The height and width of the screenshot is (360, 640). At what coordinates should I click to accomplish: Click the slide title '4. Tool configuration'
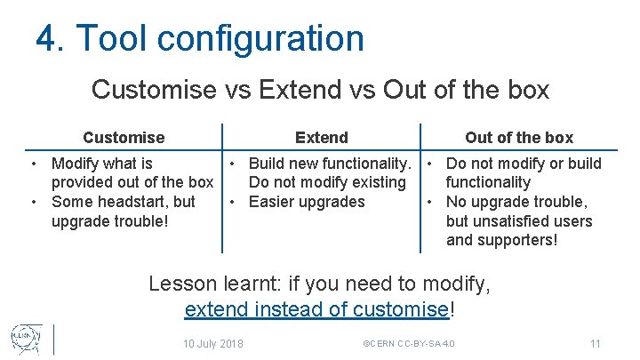(x=200, y=38)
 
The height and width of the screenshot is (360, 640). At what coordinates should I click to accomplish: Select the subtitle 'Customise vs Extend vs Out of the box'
(x=320, y=90)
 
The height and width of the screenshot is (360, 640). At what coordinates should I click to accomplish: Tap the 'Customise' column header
(x=124, y=137)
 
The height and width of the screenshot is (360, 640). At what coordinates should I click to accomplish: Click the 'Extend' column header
(x=322, y=137)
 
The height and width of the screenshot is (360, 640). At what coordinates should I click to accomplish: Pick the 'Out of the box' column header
(x=519, y=137)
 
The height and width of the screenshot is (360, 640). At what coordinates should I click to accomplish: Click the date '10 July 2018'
(x=213, y=343)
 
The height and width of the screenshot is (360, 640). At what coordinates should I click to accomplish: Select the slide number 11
(x=596, y=343)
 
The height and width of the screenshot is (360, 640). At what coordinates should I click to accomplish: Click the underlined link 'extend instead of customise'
(x=316, y=309)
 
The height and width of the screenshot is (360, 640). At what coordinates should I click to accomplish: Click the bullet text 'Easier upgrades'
(x=307, y=202)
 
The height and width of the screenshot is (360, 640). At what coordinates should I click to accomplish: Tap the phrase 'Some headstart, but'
(x=124, y=202)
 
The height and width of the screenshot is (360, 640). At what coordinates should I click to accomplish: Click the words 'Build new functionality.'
(x=330, y=164)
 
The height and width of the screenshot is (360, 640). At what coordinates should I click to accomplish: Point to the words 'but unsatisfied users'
(x=519, y=220)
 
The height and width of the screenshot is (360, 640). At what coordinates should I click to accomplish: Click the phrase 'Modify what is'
(x=102, y=164)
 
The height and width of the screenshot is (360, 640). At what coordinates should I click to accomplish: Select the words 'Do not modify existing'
(x=327, y=182)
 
